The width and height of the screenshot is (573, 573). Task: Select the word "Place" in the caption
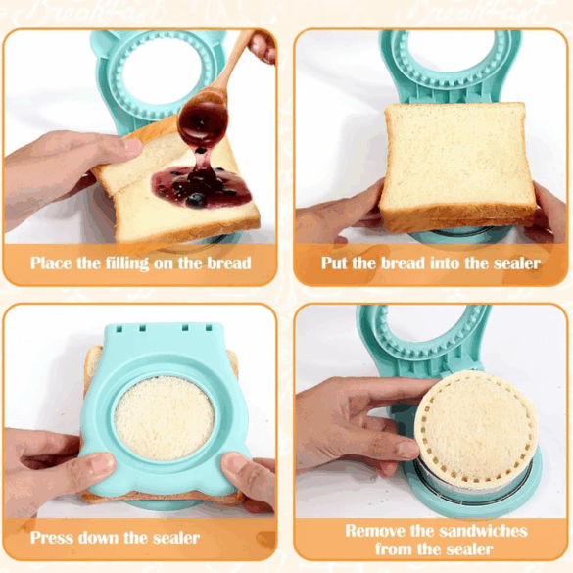52,263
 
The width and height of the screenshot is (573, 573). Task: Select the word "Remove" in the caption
375,531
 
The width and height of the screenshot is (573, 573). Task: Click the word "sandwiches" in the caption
476,531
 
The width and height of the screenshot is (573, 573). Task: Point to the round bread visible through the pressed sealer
164,418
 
